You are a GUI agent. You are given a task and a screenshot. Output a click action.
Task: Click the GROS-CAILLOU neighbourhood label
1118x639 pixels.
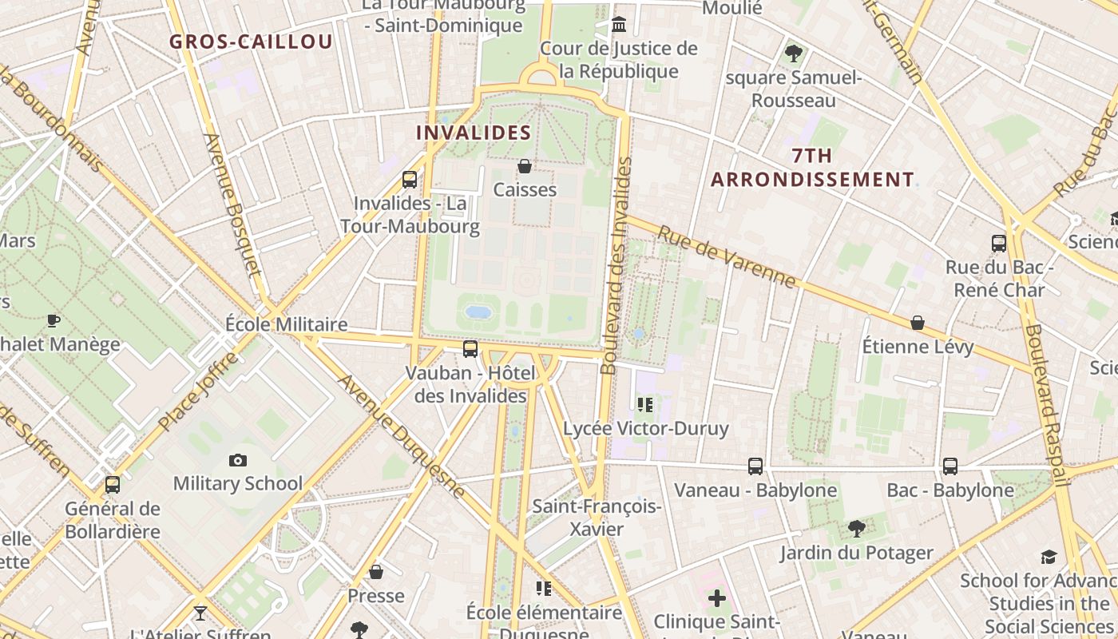(x=251, y=42)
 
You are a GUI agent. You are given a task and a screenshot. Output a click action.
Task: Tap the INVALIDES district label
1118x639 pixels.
(x=474, y=133)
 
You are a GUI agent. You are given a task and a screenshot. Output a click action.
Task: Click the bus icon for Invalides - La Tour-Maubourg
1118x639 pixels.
(x=410, y=180)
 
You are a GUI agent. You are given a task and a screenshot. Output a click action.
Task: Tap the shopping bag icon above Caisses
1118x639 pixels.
(x=525, y=166)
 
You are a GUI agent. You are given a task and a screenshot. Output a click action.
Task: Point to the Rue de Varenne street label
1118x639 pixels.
(x=727, y=256)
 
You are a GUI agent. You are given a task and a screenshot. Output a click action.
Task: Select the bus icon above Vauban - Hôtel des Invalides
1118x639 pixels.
(x=470, y=348)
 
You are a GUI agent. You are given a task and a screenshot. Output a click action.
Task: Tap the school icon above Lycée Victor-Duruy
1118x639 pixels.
(x=645, y=405)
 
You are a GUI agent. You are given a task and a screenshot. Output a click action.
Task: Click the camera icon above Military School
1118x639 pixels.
(x=237, y=460)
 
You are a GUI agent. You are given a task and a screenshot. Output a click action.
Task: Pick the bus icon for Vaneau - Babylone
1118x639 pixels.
(x=755, y=466)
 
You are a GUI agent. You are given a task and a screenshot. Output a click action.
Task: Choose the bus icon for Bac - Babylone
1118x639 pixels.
(x=950, y=466)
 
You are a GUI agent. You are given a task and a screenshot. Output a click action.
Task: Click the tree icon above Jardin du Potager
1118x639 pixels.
(x=856, y=528)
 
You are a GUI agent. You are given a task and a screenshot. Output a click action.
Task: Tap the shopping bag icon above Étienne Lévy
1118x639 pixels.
(x=918, y=323)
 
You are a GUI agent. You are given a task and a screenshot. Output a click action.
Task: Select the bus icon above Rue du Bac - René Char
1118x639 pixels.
(x=998, y=243)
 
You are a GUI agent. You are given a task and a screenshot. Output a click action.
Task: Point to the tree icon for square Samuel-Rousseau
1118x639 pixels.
(x=793, y=54)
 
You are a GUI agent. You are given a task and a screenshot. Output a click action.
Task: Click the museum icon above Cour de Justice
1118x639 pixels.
(x=618, y=25)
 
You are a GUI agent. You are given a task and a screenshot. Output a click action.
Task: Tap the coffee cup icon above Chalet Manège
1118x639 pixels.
(x=54, y=320)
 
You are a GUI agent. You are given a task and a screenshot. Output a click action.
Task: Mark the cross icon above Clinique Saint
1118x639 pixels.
(x=717, y=597)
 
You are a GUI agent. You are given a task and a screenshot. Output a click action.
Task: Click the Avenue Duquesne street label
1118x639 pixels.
(x=401, y=436)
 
